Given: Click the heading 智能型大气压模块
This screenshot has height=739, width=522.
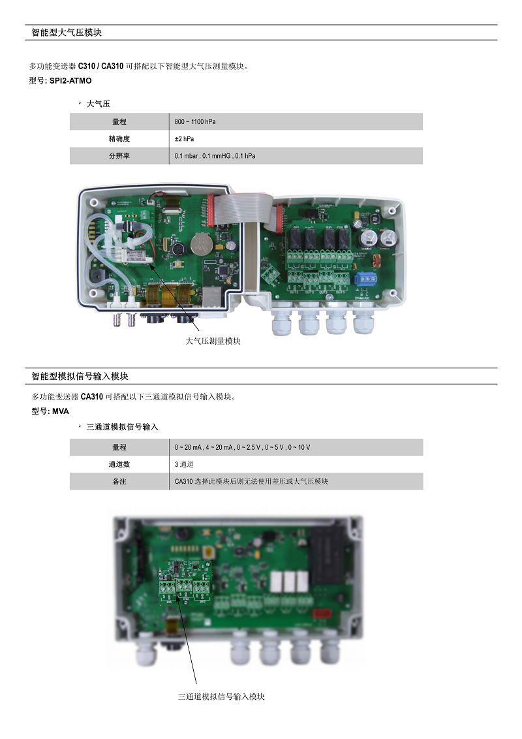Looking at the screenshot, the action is (67, 33).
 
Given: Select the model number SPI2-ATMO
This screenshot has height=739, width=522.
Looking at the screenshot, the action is (70, 80).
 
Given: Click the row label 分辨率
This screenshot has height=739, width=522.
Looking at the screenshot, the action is (119, 156).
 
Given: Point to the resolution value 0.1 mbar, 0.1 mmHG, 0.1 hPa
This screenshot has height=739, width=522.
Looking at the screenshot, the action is (215, 156).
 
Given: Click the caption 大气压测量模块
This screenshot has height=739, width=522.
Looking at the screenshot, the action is (213, 341).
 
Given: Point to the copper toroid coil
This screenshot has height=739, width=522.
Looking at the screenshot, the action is (375, 261).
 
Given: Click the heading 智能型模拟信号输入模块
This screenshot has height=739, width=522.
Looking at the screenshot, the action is (80, 376).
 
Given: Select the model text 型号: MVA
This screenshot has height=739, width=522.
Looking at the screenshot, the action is (50, 411).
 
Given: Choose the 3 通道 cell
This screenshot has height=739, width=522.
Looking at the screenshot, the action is (184, 464).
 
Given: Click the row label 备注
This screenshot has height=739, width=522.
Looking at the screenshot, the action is (119, 482).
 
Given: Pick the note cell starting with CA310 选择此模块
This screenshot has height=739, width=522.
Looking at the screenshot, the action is (251, 482).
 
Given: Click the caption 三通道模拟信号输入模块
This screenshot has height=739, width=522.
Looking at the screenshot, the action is (221, 697).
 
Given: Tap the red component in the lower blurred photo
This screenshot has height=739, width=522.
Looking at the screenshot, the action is (321, 614).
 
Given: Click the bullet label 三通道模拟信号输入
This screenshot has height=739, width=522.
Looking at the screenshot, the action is (122, 427).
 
